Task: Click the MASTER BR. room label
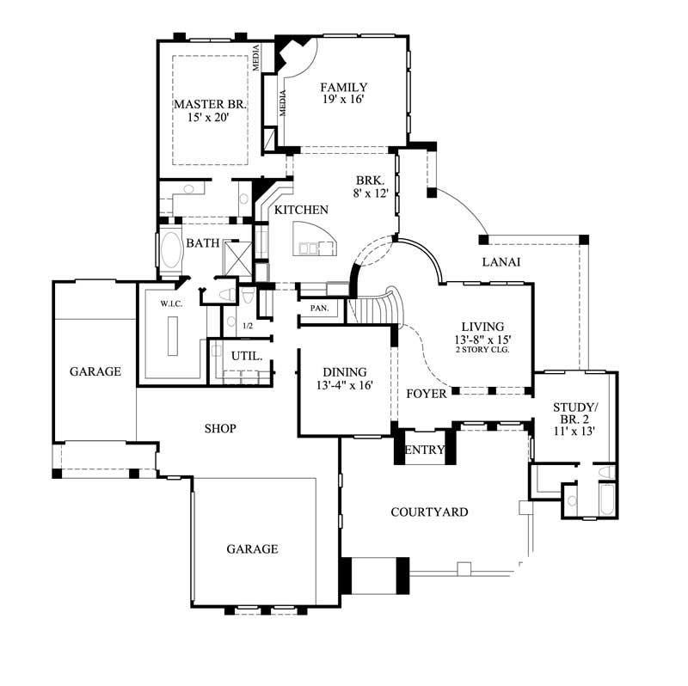pyautogui.click(x=210, y=104)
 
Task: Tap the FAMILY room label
pyautogui.click(x=344, y=87)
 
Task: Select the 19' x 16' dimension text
pyautogui.click(x=344, y=100)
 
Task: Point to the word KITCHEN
pyautogui.click(x=301, y=210)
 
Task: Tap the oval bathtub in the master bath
pyautogui.click(x=171, y=254)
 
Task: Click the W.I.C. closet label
pyautogui.click(x=169, y=303)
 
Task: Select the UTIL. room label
pyautogui.click(x=241, y=355)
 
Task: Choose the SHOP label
pyautogui.click(x=220, y=427)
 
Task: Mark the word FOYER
pyautogui.click(x=427, y=394)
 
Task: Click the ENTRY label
pyautogui.click(x=425, y=450)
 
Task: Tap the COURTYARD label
pyautogui.click(x=429, y=512)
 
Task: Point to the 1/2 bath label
pyautogui.click(x=248, y=326)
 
